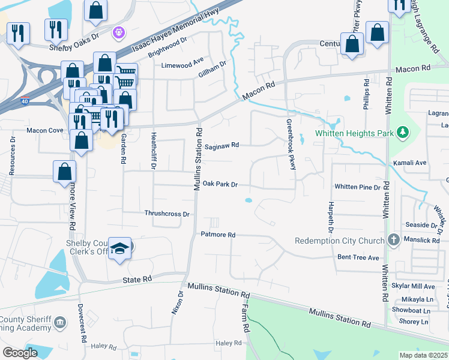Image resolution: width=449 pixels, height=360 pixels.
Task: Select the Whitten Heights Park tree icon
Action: tap(403, 131)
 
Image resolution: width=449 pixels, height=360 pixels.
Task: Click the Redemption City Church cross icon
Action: tap(393, 240)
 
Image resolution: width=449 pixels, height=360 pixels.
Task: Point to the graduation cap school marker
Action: tap(120, 249)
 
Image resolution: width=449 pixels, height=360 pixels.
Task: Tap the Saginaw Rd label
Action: tap(221, 145)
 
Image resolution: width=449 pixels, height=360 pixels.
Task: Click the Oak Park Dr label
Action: tap(220, 184)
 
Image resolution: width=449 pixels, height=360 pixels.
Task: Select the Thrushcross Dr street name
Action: tap(167, 214)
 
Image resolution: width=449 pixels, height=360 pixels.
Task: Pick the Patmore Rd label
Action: tap(217, 235)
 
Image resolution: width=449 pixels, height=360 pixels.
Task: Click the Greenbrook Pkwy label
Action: tap(290, 144)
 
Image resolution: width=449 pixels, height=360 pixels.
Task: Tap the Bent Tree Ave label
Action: tap(358, 257)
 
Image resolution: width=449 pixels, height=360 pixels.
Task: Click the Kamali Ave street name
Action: tap(409, 163)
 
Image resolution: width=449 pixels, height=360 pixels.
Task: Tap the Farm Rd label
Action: tap(245, 319)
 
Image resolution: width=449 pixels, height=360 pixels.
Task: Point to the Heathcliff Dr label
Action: tap(154, 148)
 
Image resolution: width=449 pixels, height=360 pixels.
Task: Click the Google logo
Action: tap(20, 352)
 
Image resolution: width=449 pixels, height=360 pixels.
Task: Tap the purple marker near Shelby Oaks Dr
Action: tap(119, 31)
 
